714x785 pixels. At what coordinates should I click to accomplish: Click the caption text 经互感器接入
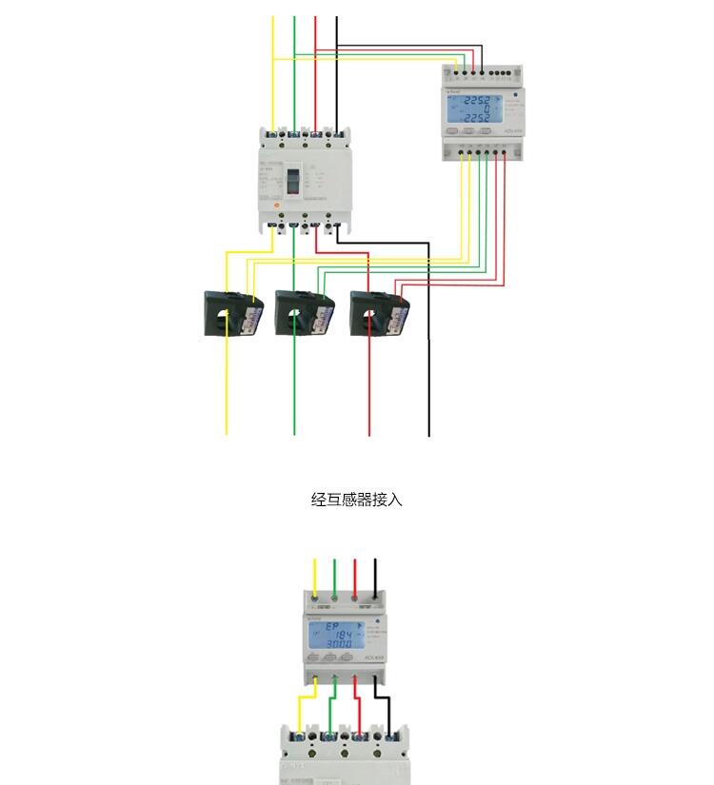pos(357,499)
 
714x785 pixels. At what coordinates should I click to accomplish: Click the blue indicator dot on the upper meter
pos(514,95)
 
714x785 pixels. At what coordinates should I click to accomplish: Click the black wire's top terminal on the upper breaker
pos(336,135)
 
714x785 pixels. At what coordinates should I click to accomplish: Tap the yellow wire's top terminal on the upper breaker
pos(273,135)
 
